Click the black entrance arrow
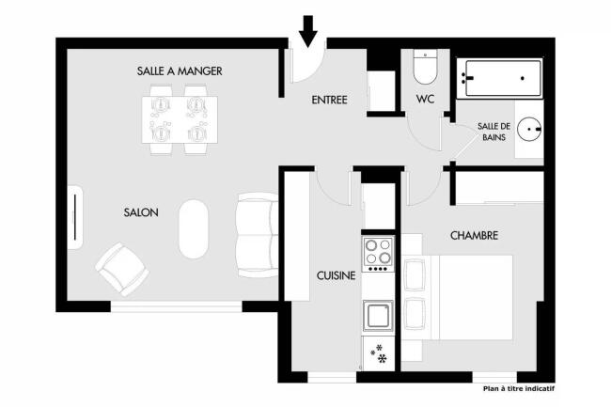click(x=308, y=31)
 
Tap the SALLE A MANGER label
click(x=180, y=71)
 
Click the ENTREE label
click(x=329, y=100)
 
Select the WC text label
click(x=425, y=99)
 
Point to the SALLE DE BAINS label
click(x=494, y=132)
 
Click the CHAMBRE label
click(x=474, y=236)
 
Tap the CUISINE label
click(x=336, y=275)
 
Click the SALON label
click(x=141, y=212)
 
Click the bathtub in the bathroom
click(x=500, y=78)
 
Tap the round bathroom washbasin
click(x=529, y=129)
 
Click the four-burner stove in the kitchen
click(x=378, y=254)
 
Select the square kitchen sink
click(x=378, y=315)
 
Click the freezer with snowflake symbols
click(x=379, y=353)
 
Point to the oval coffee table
click(x=194, y=229)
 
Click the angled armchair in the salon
click(x=122, y=269)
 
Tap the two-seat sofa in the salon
click(x=258, y=235)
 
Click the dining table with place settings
click(x=180, y=120)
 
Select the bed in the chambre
click(x=458, y=298)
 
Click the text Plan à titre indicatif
click(x=519, y=389)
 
